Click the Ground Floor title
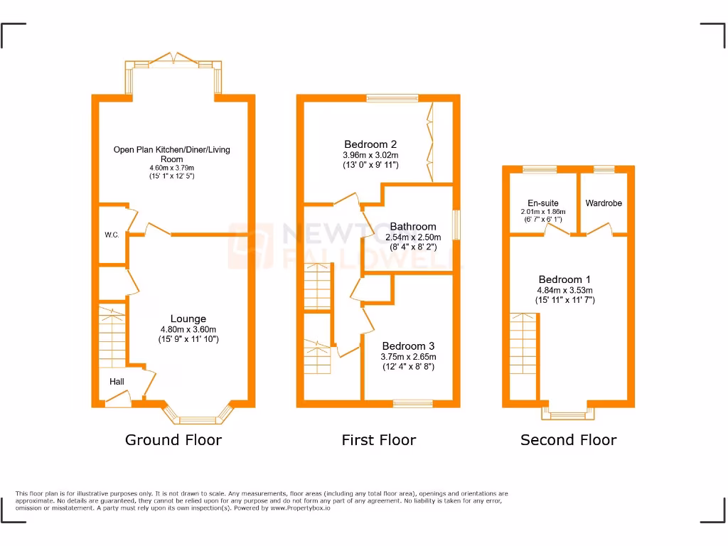(173, 440)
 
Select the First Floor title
(378, 440)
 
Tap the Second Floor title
(568, 440)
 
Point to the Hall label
(117, 382)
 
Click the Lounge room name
(188, 319)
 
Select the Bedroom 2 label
(370, 144)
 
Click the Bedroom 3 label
(409, 346)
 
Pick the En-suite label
(542, 203)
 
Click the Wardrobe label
(604, 203)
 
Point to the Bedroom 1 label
(564, 279)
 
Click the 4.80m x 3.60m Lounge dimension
(188, 329)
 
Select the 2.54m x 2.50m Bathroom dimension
(412, 237)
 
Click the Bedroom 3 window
(413, 404)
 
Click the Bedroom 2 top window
(392, 99)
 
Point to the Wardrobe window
(604, 169)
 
